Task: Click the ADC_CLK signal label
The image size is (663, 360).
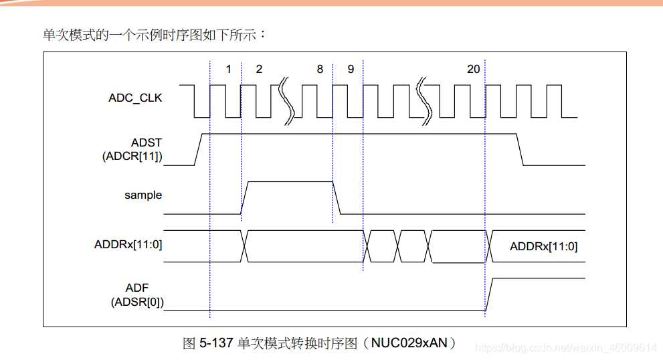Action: coord(135,98)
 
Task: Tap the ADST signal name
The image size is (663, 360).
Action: coord(147,143)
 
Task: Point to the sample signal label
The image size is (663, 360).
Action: coord(143,195)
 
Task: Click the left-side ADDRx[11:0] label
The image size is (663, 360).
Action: coord(128,244)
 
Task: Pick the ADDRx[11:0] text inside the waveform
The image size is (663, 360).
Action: coord(543,246)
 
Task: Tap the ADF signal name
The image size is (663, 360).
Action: coord(137,288)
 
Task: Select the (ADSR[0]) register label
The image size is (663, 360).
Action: coord(137,302)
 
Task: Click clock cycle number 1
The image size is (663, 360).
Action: coord(228,69)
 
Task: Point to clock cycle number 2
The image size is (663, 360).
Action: coord(259,69)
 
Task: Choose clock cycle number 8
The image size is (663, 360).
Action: coord(320,69)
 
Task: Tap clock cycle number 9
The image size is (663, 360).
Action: coord(351,69)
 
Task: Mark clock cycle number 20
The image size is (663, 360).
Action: coord(473,69)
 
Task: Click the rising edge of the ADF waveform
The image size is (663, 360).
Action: coord(489,294)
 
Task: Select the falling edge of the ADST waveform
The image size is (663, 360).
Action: coord(520,149)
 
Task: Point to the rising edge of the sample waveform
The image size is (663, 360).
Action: coord(245,197)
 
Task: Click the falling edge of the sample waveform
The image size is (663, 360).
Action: coord(337,197)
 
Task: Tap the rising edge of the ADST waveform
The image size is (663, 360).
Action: coord(199,149)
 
